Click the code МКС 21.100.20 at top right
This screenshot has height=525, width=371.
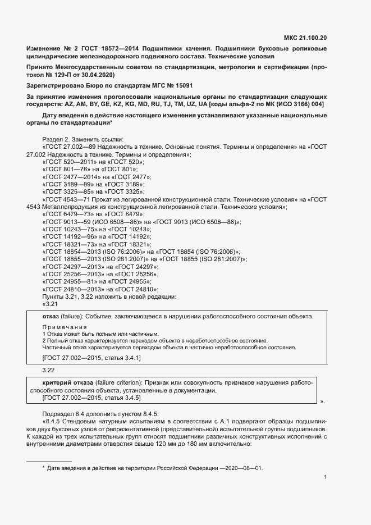[x=307, y=38]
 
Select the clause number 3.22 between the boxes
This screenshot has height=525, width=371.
[x=48, y=370]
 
